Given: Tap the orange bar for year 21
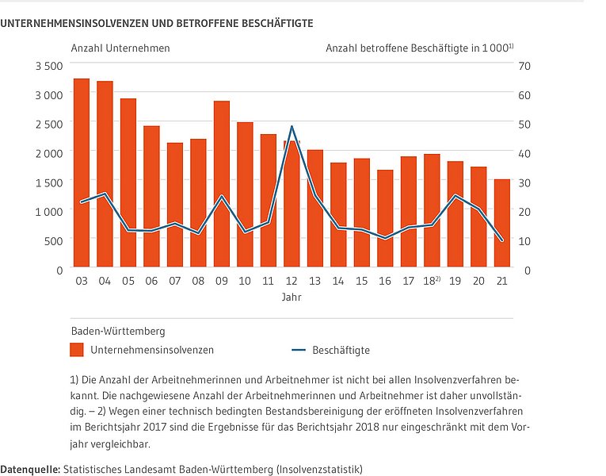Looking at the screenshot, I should (502, 223).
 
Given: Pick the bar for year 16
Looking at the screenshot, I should (385, 218).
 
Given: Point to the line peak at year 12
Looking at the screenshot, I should (292, 126).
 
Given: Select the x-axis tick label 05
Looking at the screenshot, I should (128, 281).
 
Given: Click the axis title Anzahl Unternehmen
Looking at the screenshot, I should (120, 48).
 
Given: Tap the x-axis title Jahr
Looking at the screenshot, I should (292, 297).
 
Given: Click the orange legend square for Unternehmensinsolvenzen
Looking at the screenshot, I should (77, 350).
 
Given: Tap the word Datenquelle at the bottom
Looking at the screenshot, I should (29, 470).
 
